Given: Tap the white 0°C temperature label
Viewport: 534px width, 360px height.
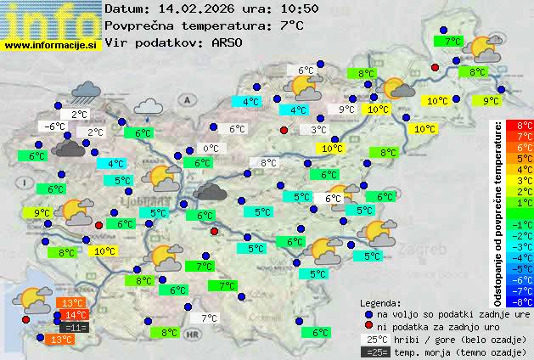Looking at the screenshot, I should pos(211,149).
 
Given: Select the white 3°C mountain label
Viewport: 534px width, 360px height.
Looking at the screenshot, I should pos(318,130).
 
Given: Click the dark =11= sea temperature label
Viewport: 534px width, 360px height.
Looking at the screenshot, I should pos(76,327).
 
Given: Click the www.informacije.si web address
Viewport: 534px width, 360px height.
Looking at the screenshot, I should pos(52,45).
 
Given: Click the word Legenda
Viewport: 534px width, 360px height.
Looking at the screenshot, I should pos(380,302).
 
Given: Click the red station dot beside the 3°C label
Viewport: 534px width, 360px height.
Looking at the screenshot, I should pos(284,130).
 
